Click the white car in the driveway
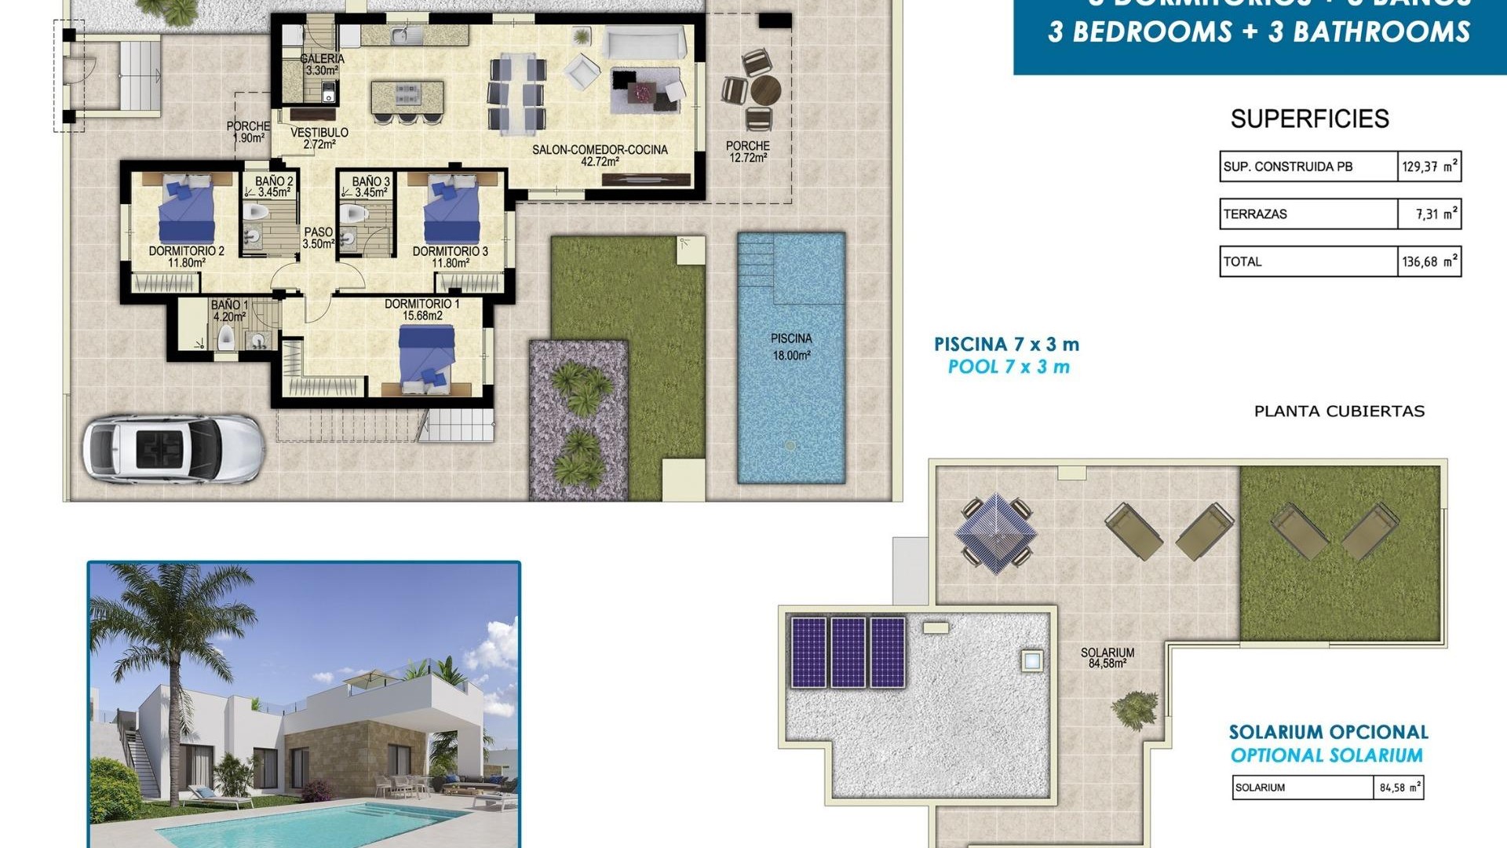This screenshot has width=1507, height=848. coord(173,448)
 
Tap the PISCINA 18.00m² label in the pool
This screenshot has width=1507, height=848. coord(791,346)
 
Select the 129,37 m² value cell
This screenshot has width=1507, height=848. coord(1429,166)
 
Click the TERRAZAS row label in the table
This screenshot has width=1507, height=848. coord(1255,214)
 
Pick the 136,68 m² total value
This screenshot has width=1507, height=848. coord(1429,261)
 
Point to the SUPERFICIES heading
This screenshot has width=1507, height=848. coord(1309,119)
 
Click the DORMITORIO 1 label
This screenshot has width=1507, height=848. coord(422,309)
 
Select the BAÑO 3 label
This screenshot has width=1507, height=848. coord(370,187)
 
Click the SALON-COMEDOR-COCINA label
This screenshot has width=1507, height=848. coord(600,155)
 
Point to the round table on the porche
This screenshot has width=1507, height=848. coord(765,90)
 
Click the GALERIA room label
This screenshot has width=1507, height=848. coord(322,64)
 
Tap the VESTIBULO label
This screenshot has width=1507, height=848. coord(319,138)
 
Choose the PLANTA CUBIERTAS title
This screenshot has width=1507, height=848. coord(1339,411)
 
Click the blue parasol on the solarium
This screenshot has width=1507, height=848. coord(995,532)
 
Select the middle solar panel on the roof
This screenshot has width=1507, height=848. coord(848,652)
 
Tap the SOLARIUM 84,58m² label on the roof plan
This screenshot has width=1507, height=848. coord(1107,658)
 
